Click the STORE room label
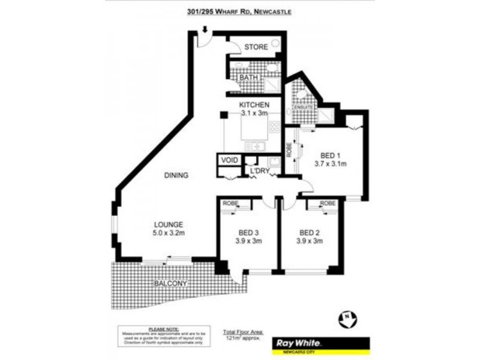point(256,47)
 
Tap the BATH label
point(248,79)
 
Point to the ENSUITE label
point(295,107)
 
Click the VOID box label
point(229,160)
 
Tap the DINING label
point(176,176)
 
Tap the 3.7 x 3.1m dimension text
point(331,163)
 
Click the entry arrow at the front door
point(205,29)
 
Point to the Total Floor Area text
point(242,331)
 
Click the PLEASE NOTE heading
point(163,329)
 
